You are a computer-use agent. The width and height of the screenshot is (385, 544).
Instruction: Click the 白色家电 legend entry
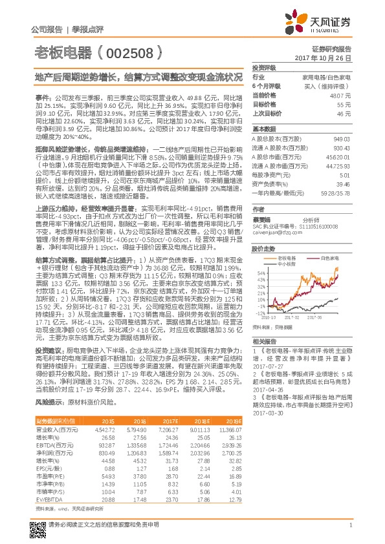coord(328,256)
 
